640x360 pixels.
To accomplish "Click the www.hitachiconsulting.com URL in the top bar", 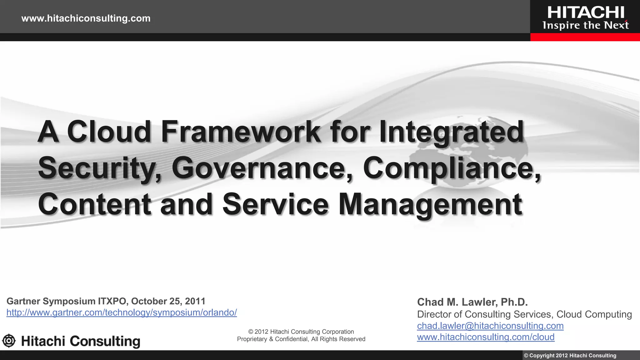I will (x=86, y=18).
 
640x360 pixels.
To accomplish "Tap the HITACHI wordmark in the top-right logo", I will (x=586, y=13).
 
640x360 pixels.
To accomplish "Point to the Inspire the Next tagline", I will (x=586, y=25).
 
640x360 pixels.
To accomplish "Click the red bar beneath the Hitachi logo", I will (x=585, y=37).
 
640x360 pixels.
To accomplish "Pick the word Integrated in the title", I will (x=451, y=132).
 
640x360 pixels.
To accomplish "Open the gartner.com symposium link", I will (x=122, y=312).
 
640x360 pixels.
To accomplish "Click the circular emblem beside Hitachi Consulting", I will (x=9, y=341).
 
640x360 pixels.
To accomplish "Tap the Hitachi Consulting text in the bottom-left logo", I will (x=81, y=341).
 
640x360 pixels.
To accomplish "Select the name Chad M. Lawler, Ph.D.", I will (x=472, y=302).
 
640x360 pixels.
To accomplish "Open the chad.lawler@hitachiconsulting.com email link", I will (x=490, y=326).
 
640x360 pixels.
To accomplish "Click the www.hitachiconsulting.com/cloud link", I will (x=486, y=337).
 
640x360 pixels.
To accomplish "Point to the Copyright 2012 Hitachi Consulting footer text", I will (x=570, y=356).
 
